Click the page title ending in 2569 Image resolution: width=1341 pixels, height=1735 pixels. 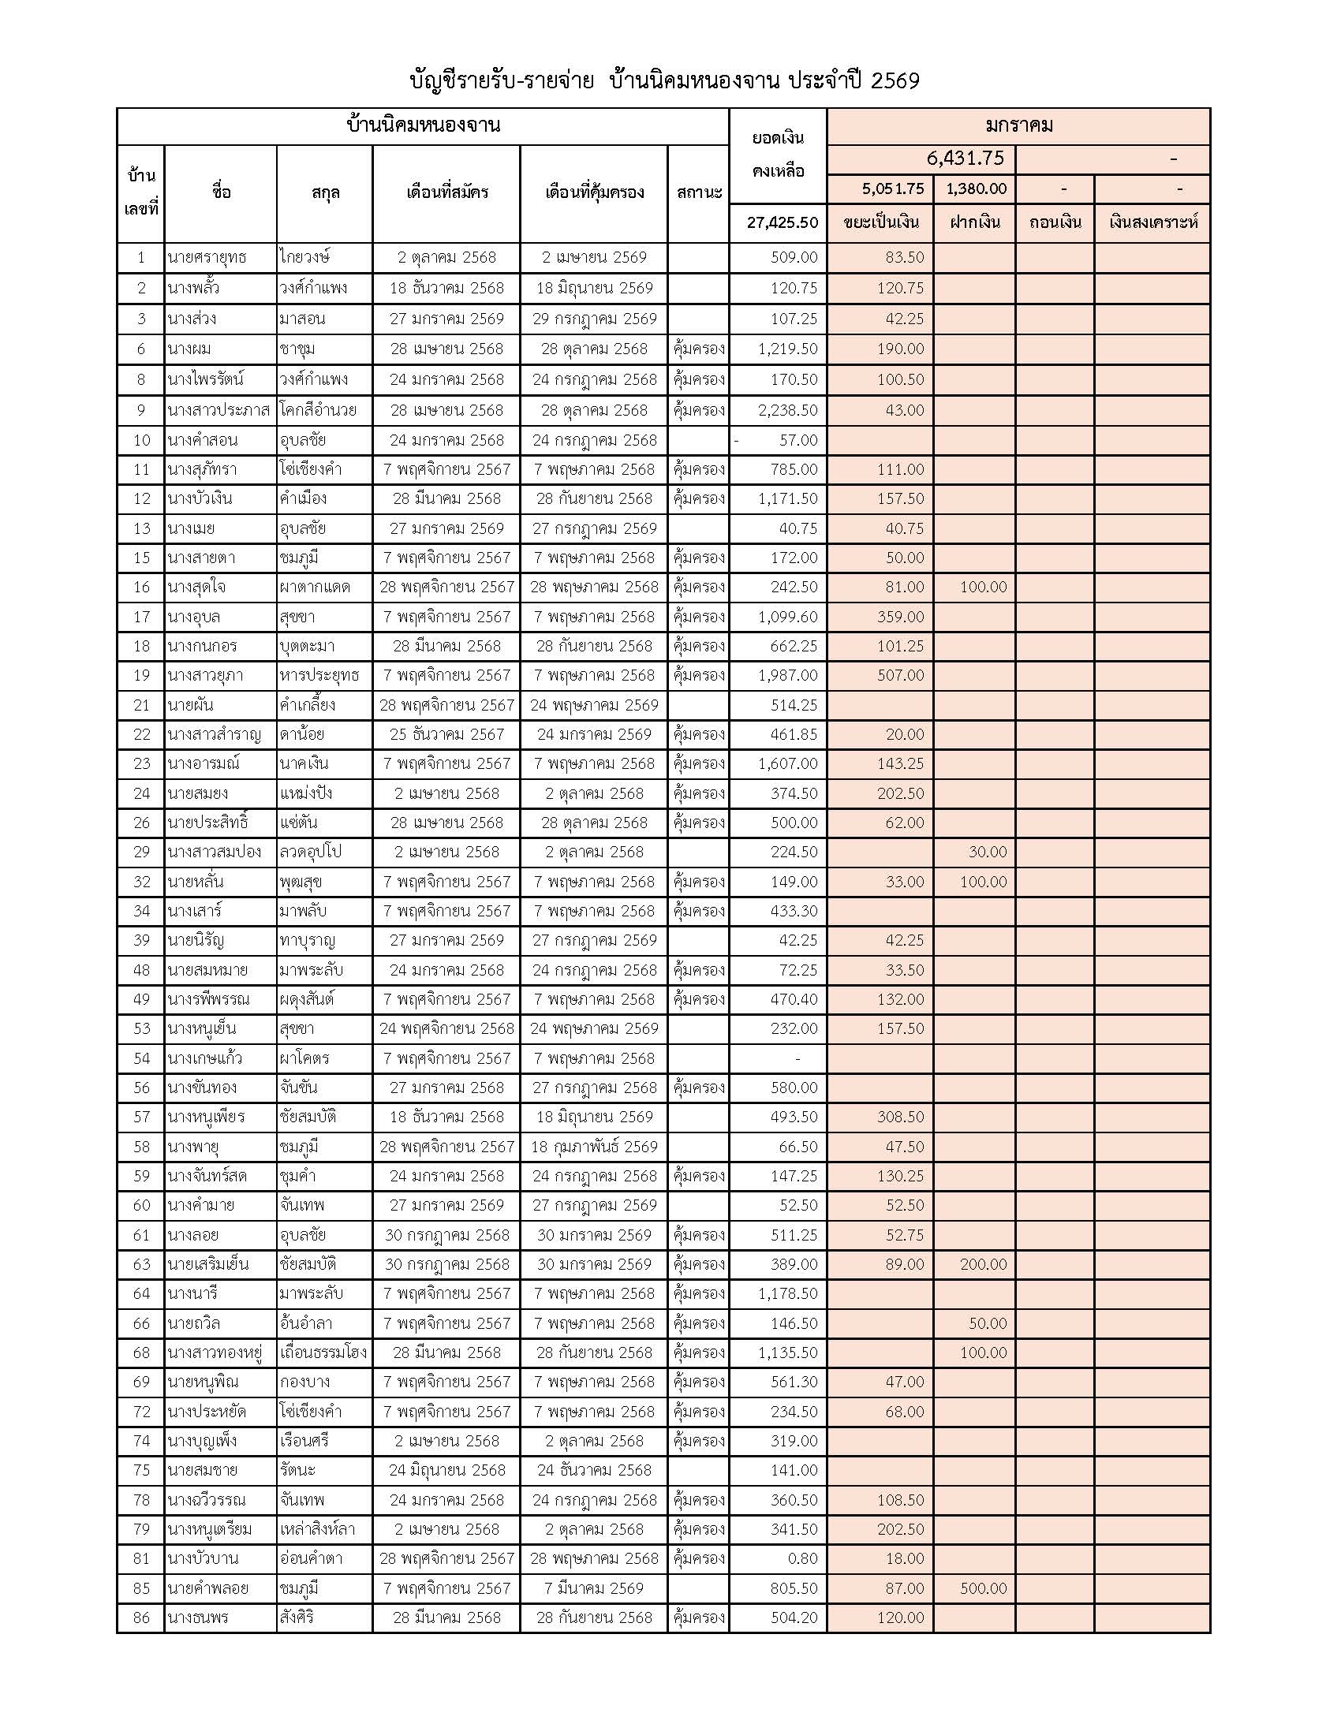[x=664, y=81]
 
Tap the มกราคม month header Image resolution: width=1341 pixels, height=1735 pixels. [x=1018, y=125]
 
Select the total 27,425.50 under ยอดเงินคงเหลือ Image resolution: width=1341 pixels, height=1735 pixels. [x=782, y=222]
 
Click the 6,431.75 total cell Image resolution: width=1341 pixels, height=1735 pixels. [x=965, y=158]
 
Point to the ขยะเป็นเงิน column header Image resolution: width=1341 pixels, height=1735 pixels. [x=880, y=222]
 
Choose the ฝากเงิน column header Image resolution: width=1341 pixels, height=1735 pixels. [x=975, y=222]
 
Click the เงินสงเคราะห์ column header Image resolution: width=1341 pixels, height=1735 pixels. [x=1152, y=222]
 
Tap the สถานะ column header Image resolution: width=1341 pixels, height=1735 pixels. [x=698, y=192]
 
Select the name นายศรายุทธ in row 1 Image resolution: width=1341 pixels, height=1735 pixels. [x=207, y=257]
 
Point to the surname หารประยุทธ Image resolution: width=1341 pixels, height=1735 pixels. [x=319, y=675]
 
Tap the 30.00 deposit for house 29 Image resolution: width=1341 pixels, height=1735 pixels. [x=987, y=852]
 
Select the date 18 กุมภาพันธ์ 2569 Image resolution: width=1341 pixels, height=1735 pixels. [x=594, y=1147]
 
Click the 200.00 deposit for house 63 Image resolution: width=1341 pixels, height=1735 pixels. [x=983, y=1264]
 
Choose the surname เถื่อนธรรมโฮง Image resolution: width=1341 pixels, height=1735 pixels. [x=323, y=1352]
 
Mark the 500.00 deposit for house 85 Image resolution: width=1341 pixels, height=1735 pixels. [x=983, y=1588]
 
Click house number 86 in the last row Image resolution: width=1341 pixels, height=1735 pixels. [x=141, y=1617]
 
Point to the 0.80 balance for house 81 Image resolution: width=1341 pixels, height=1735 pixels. [x=802, y=1558]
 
